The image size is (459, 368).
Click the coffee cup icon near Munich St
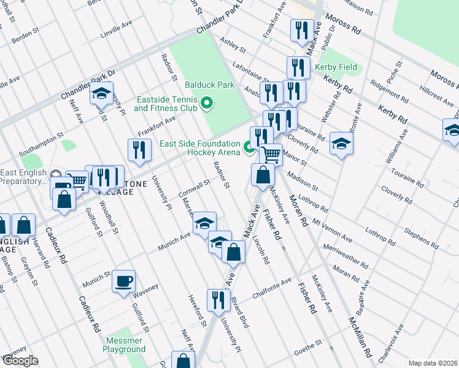[x=124, y=282]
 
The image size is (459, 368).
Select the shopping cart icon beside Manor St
[x=270, y=153]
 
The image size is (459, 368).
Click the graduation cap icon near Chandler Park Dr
[x=101, y=94]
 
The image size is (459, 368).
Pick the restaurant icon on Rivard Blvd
[x=218, y=300]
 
